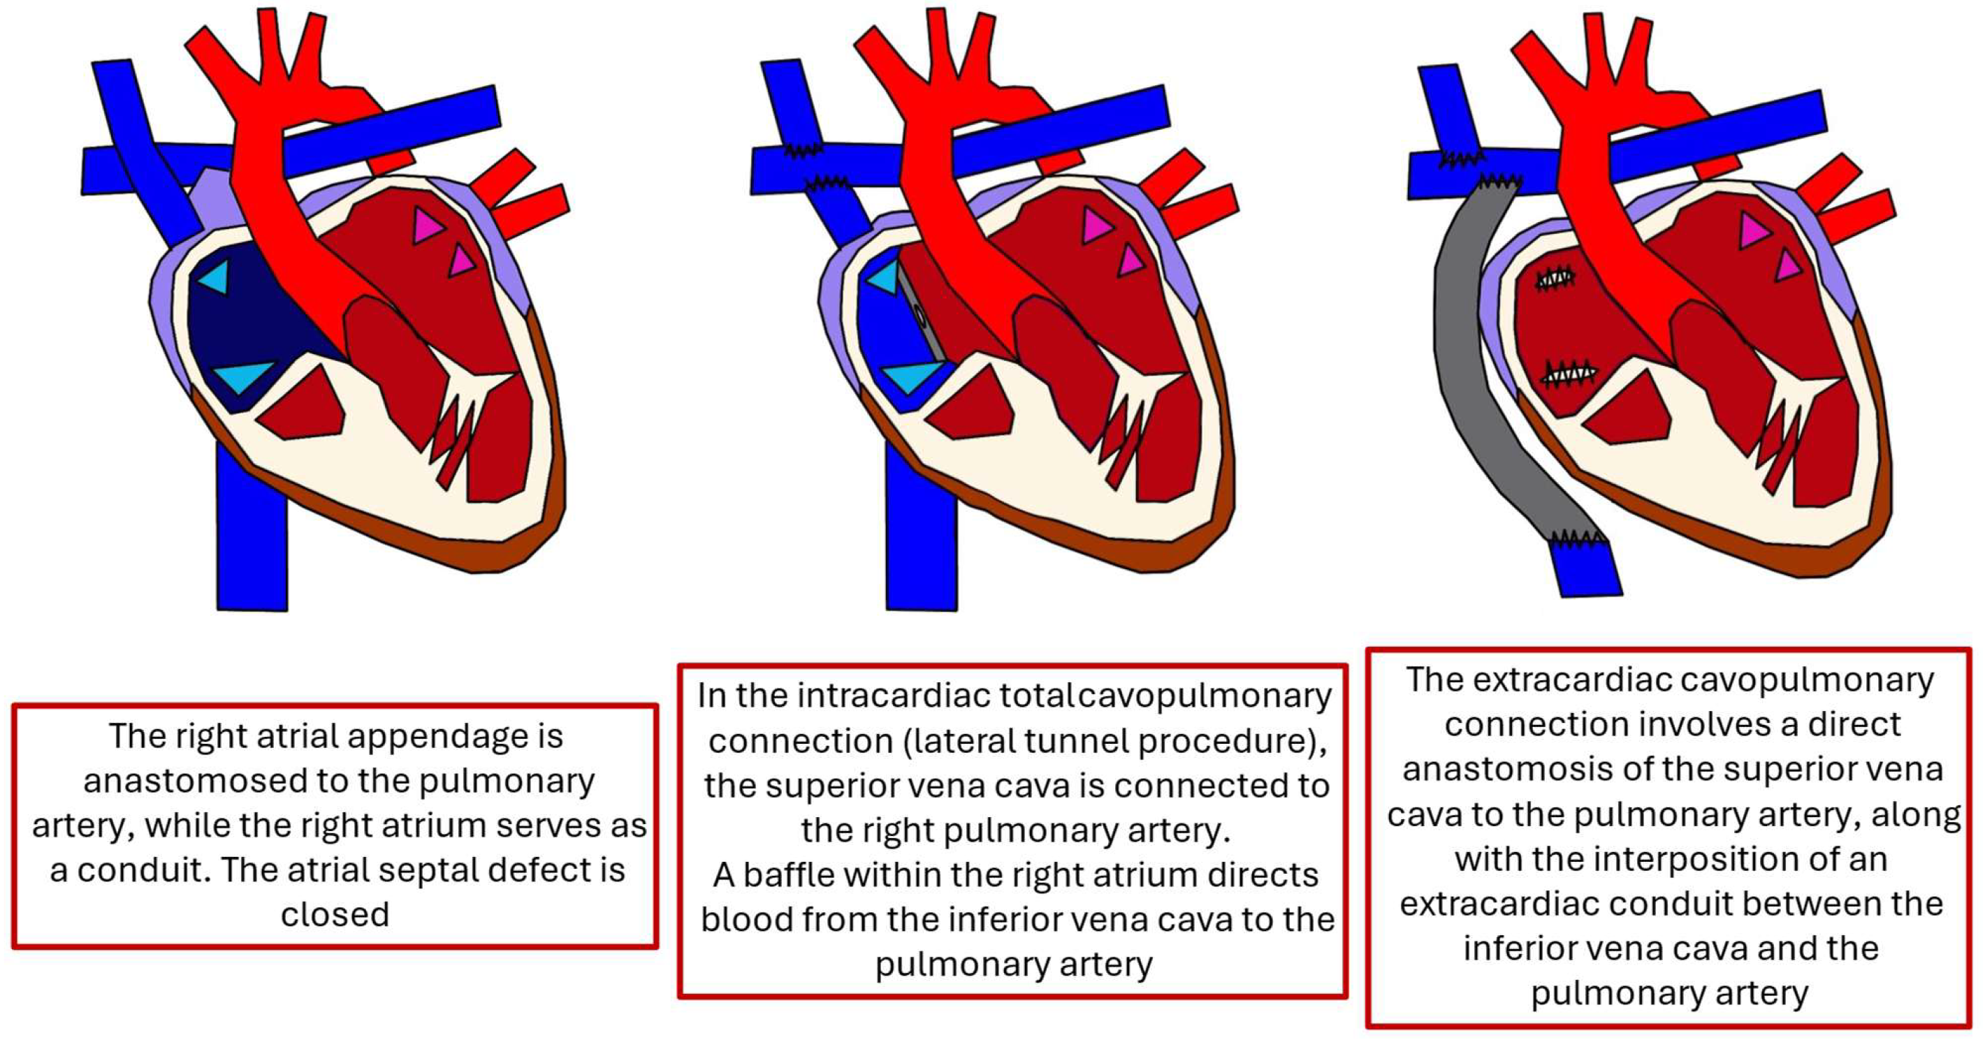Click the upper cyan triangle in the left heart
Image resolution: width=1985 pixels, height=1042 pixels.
(215, 276)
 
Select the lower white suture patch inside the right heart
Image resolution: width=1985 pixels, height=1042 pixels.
(1569, 374)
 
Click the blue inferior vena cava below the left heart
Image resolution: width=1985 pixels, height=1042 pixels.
(252, 539)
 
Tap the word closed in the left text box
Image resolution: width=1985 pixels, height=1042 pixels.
(335, 915)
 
